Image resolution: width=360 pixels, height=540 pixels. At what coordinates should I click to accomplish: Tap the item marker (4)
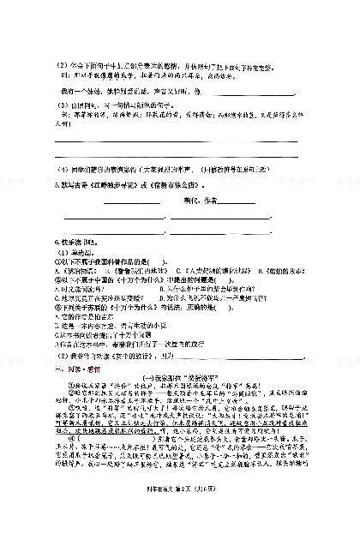pos(62,169)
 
